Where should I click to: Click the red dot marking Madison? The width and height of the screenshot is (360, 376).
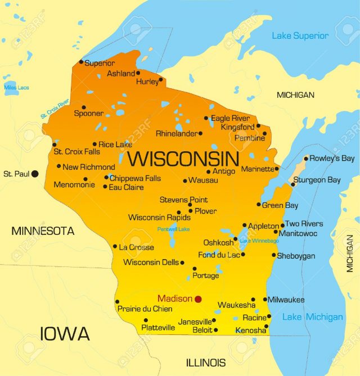(x=198, y=299)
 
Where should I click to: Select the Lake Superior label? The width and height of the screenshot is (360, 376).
(x=300, y=36)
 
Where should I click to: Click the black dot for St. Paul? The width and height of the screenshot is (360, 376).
(x=35, y=174)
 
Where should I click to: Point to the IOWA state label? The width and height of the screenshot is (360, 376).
(x=65, y=334)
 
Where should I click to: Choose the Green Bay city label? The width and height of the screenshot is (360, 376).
(x=281, y=205)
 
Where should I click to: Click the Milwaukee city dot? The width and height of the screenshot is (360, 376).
(x=264, y=300)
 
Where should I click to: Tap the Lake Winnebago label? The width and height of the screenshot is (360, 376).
(x=259, y=241)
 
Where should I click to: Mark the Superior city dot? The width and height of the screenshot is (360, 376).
(x=81, y=62)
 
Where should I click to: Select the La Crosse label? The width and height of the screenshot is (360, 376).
(x=136, y=247)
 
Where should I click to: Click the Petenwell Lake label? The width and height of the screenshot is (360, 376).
(x=174, y=229)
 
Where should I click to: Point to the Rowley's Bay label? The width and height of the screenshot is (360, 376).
(x=332, y=158)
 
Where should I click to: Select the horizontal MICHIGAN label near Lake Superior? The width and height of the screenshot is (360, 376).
(x=295, y=95)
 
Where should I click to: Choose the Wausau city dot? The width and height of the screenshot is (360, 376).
(x=185, y=181)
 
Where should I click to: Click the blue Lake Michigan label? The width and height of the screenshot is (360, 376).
(x=312, y=317)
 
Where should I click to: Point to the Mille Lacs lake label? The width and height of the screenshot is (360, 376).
(x=16, y=88)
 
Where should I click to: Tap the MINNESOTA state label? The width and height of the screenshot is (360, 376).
(x=43, y=231)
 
